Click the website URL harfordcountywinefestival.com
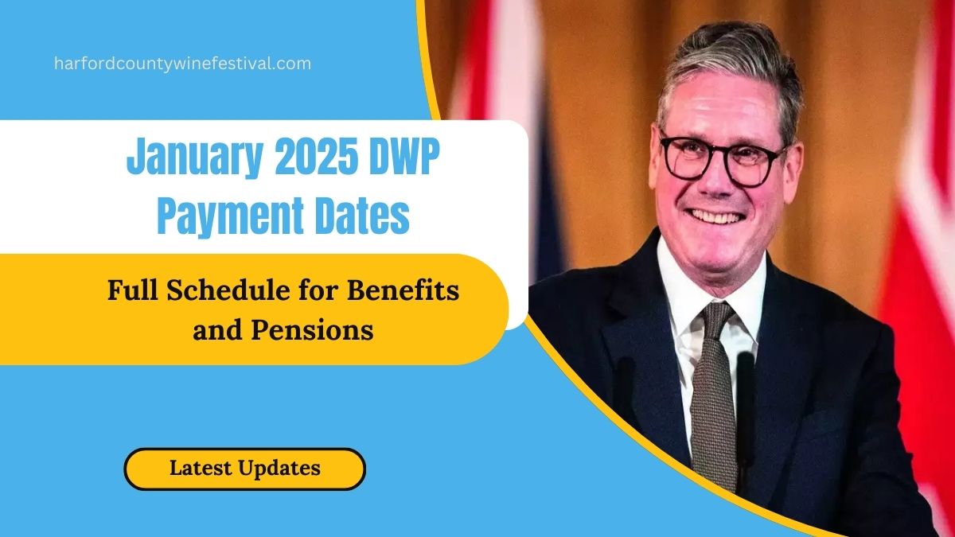point(182,64)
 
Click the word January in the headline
point(194,158)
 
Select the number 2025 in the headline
point(316,156)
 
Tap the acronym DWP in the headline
point(404,156)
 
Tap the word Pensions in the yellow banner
point(312,330)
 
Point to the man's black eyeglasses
point(724,161)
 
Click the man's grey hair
point(730,72)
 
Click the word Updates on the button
point(279,468)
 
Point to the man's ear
point(794,170)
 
